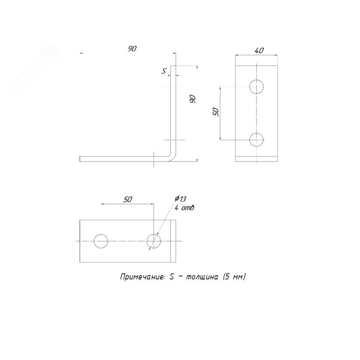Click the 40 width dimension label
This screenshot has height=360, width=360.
coord(259,50)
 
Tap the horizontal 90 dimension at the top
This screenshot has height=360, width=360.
coord(132,49)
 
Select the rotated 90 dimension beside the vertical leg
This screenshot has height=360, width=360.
coord(193,99)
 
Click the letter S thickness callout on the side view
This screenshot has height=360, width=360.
coord(164,72)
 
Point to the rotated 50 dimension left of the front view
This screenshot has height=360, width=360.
coord(216,112)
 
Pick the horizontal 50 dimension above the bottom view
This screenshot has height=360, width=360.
coord(128,199)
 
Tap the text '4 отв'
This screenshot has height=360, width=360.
coord(184,208)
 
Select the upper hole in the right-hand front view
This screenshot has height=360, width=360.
coord(256,87)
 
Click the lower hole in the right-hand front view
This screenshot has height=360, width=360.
coord(256,139)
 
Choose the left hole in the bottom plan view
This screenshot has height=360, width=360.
coord(101,241)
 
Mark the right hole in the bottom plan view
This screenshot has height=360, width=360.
coord(154,241)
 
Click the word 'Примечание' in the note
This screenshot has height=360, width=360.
coord(142,277)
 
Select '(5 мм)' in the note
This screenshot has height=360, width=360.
coord(234,277)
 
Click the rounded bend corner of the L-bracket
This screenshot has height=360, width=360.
coord(172,157)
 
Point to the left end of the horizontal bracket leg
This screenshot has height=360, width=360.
coord(80,159)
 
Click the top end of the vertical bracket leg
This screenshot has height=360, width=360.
coord(173,66)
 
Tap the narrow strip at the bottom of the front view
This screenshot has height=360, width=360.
coord(256,159)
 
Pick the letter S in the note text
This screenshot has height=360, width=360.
coord(171,277)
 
